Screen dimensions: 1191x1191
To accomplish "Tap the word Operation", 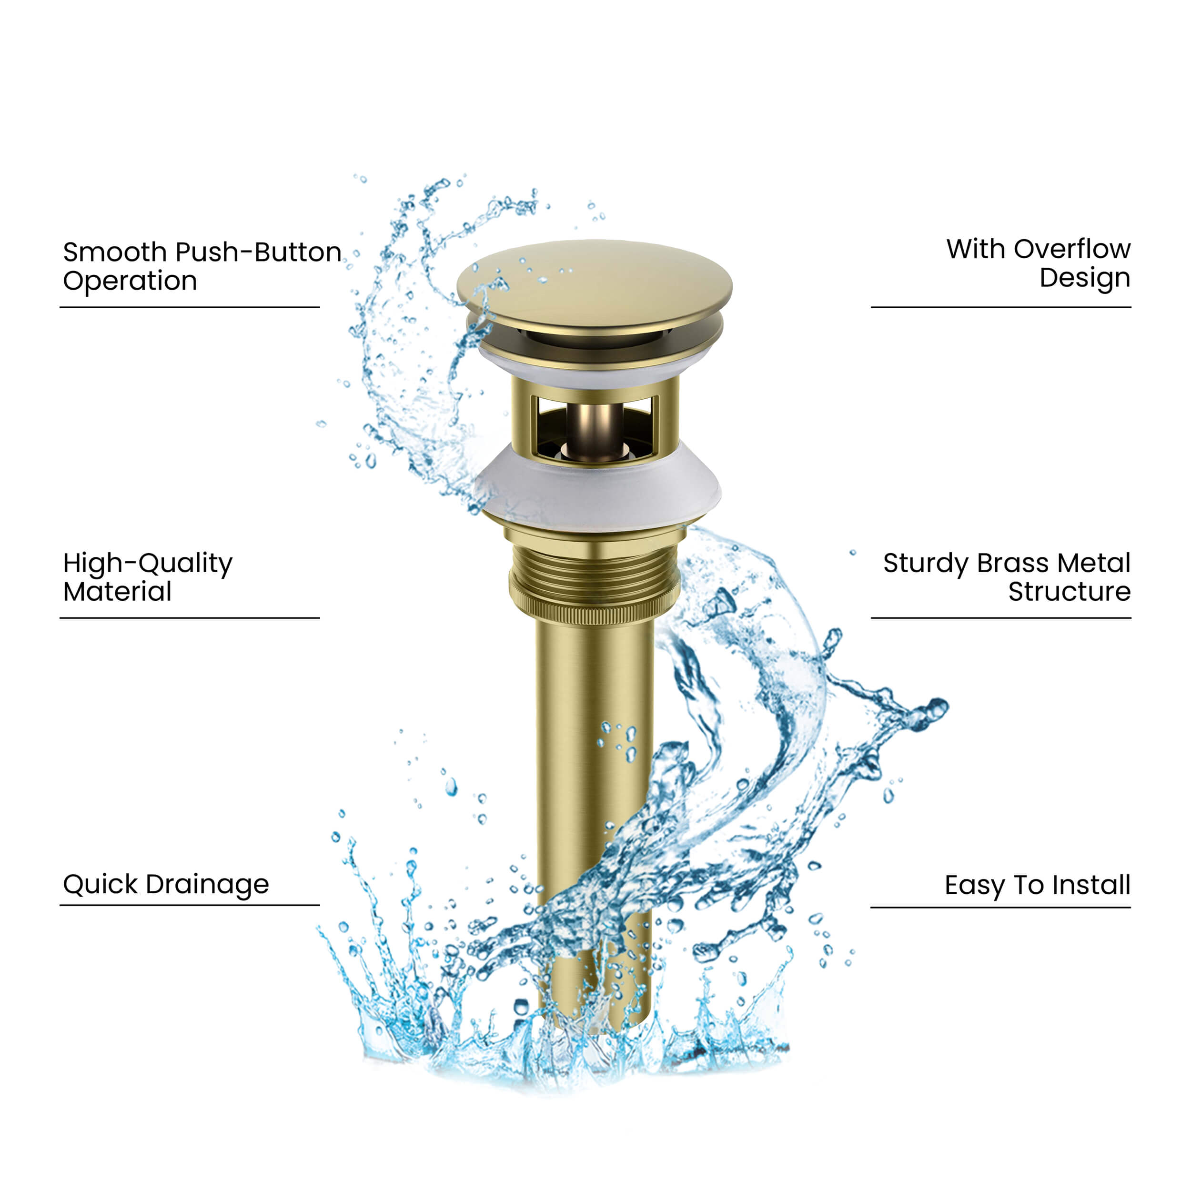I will pyautogui.click(x=130, y=281).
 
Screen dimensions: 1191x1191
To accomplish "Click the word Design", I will pyautogui.click(x=1085, y=279).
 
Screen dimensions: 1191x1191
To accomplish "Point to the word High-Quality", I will pyautogui.click(x=148, y=564).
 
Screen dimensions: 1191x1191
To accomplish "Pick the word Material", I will pyautogui.click(x=117, y=592).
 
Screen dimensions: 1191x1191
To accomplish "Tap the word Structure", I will pyautogui.click(x=1070, y=592).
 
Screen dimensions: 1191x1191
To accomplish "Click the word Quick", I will pyautogui.click(x=101, y=885).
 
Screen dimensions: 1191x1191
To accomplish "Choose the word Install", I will pyautogui.click(x=1091, y=885).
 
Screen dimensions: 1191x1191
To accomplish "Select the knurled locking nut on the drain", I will pyautogui.click(x=595, y=610).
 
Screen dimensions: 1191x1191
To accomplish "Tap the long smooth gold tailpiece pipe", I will pyautogui.click(x=595, y=770).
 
